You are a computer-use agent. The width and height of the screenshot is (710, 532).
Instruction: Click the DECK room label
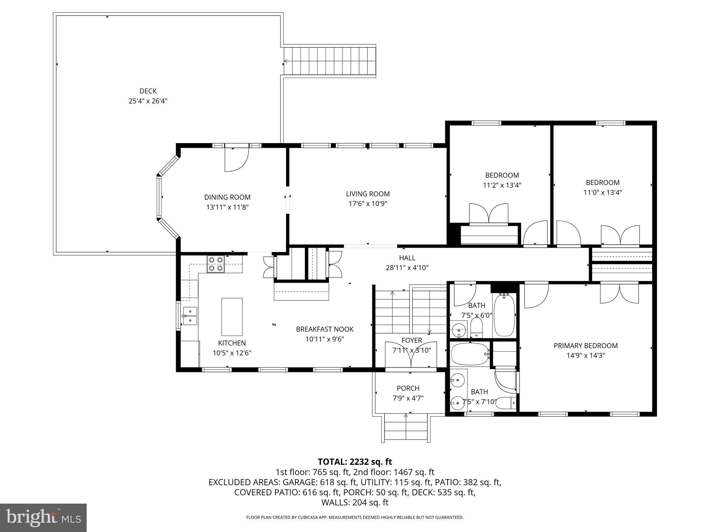(148, 91)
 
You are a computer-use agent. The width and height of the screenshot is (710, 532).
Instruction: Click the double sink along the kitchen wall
(190, 316)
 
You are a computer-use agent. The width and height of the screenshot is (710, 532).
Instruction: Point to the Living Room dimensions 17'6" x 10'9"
(367, 204)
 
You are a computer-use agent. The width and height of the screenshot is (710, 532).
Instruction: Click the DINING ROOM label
(227, 197)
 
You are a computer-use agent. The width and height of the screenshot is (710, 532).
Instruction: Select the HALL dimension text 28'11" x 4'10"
(407, 268)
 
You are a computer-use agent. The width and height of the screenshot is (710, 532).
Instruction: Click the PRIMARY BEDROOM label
(586, 346)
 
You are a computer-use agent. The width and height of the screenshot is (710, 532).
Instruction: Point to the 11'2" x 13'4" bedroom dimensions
(502, 185)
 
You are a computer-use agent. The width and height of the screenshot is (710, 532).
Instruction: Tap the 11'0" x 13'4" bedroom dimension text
(603, 193)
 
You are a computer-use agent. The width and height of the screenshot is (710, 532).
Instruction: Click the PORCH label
(408, 388)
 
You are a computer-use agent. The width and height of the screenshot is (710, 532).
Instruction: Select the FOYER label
(412, 340)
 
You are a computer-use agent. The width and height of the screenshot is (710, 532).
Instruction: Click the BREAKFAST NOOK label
(324, 329)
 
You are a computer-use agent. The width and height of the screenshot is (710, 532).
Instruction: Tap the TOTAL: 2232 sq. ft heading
(355, 462)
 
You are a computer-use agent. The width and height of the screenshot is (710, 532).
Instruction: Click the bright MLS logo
(43, 517)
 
